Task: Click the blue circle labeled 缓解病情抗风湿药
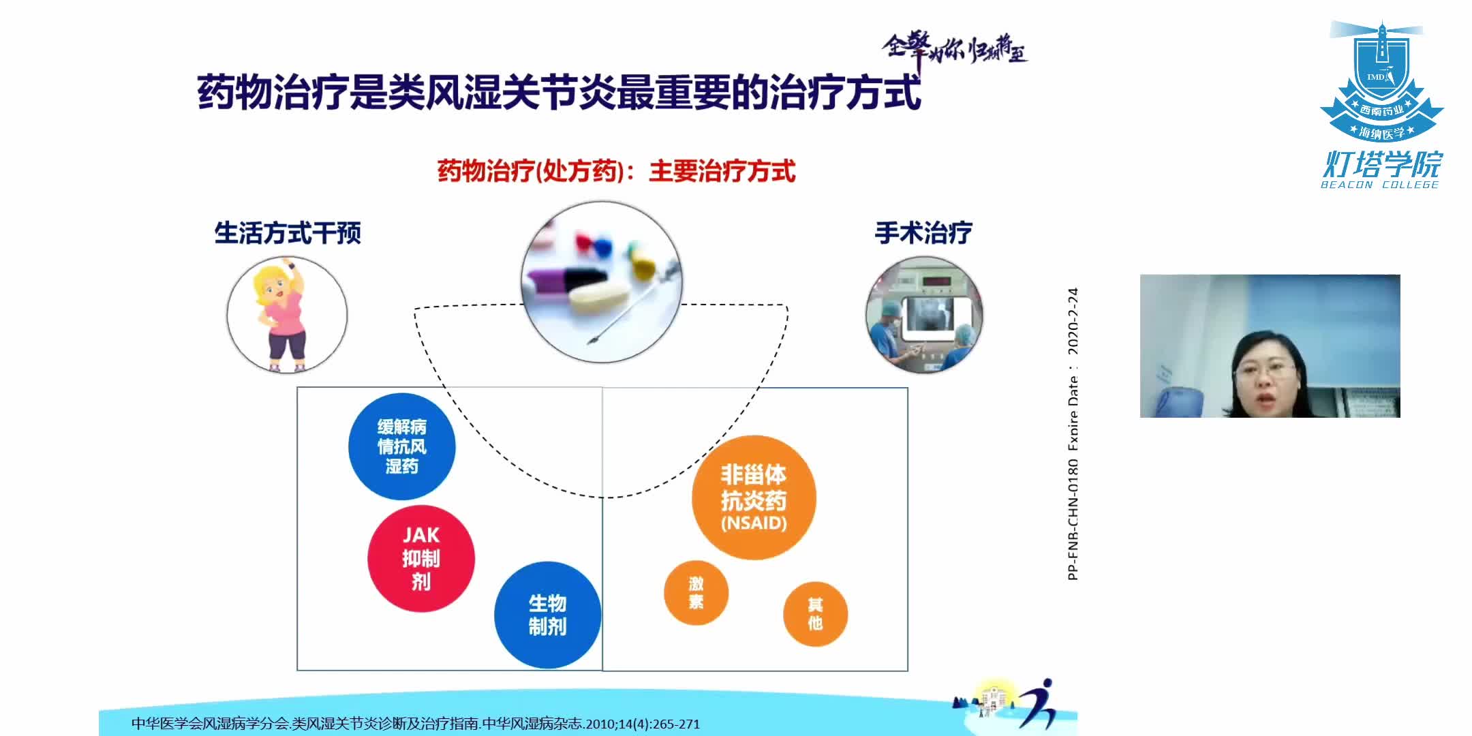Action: tap(401, 446)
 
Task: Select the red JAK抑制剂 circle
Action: tap(420, 558)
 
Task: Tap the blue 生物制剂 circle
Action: tap(547, 615)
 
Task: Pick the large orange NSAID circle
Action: tap(754, 497)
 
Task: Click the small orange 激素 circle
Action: tap(696, 592)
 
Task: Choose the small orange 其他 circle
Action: tap(815, 614)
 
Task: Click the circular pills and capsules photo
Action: tap(602, 281)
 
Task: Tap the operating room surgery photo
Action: tap(924, 316)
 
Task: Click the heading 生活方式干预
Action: tap(287, 233)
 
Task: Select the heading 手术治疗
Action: tap(923, 233)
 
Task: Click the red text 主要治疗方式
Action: tap(722, 171)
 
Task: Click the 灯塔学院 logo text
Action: tap(1382, 164)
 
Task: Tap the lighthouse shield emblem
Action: tap(1381, 82)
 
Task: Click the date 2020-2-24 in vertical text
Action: tap(1073, 321)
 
